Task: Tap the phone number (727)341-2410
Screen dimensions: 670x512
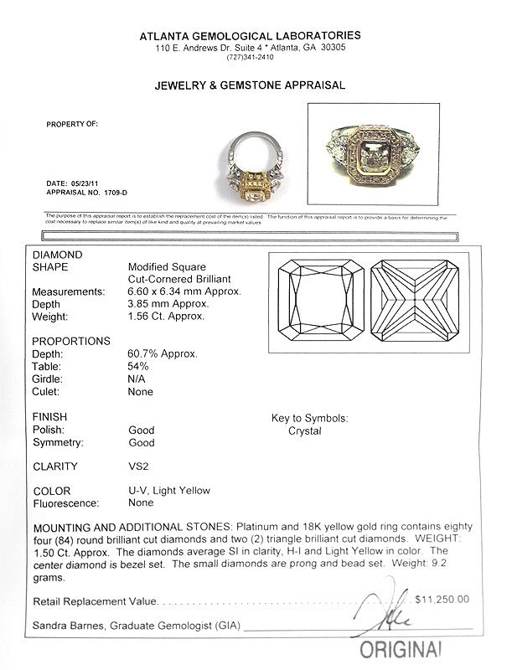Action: click(251, 57)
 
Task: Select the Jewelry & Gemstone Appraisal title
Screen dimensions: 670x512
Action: click(251, 85)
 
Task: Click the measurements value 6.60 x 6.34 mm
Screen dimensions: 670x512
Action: click(181, 291)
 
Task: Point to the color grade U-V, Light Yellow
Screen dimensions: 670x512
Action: click(169, 491)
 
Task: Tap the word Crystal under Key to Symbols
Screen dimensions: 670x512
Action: click(305, 430)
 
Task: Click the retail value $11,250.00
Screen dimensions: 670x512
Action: click(442, 600)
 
